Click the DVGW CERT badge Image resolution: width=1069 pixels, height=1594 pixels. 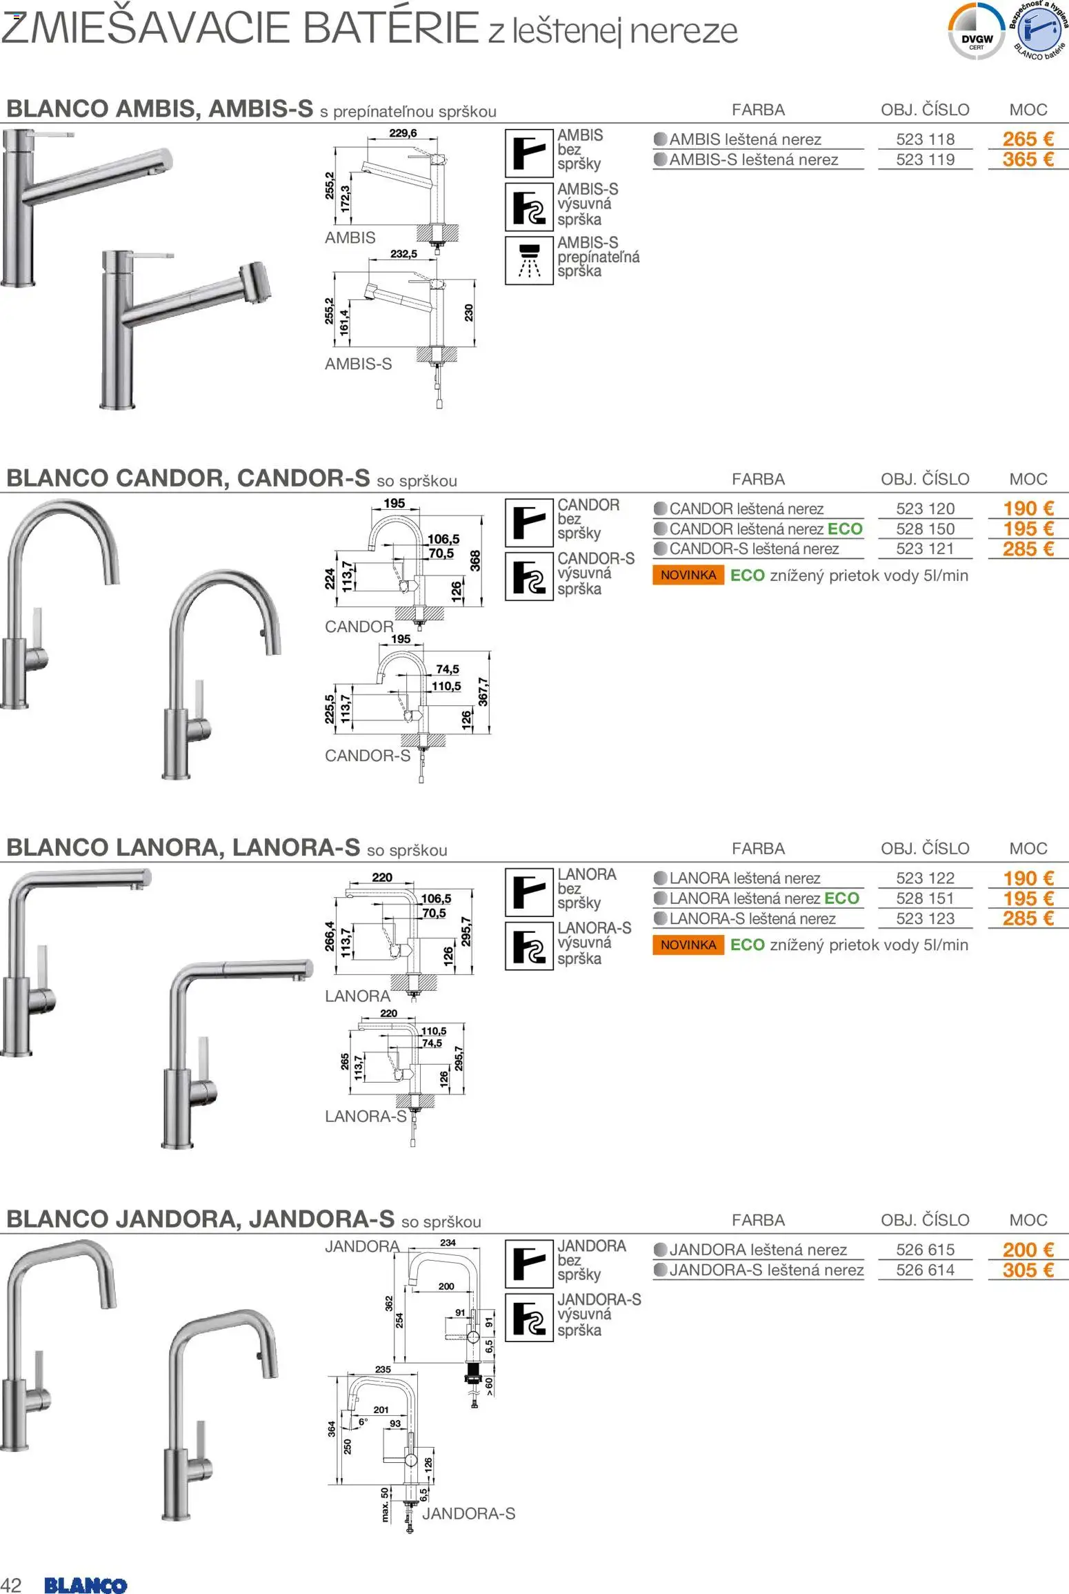tap(977, 32)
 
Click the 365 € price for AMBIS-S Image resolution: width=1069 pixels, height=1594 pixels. tap(1028, 159)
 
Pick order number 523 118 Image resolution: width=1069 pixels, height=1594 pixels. tap(925, 139)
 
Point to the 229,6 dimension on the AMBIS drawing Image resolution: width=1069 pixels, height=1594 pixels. tap(403, 133)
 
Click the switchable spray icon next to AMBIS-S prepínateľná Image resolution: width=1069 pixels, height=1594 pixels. tap(529, 260)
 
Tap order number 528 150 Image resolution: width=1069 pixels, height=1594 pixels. tap(925, 529)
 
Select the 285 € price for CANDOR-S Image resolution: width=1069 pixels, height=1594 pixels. tap(1028, 549)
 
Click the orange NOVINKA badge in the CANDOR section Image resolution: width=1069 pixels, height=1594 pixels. tap(688, 575)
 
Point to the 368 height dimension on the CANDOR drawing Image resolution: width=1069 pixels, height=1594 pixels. tap(475, 560)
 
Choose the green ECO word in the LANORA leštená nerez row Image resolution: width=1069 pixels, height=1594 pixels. tap(841, 898)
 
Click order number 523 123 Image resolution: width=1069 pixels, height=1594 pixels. tap(925, 919)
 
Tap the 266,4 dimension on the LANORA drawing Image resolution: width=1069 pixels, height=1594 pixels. tap(330, 936)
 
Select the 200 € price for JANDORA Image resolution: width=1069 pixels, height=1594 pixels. tap(1028, 1250)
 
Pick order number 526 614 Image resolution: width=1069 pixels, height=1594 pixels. tap(925, 1270)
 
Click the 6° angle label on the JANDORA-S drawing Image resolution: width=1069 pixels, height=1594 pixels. tap(363, 1421)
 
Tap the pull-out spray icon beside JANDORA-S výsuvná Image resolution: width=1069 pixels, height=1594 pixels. tap(529, 1317)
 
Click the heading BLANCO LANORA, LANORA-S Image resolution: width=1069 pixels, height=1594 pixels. tap(183, 847)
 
